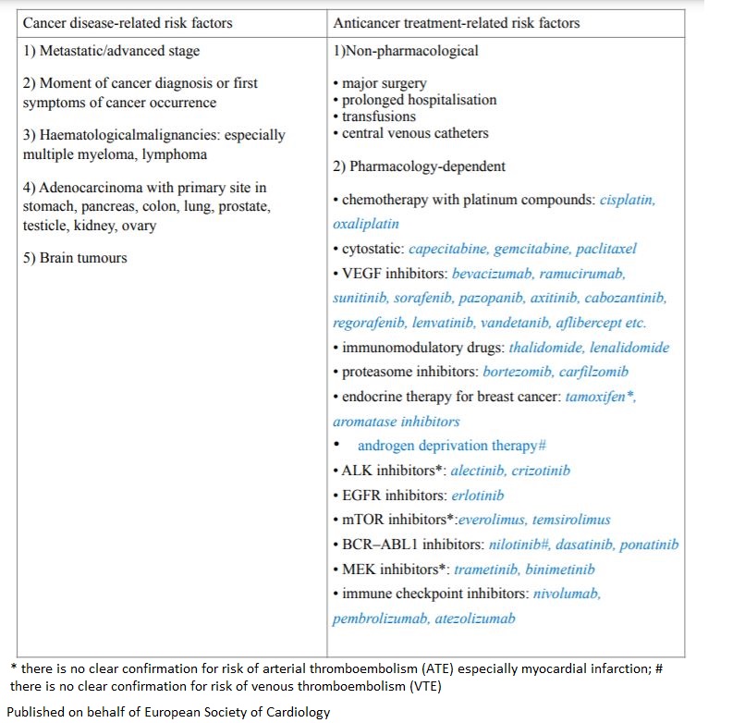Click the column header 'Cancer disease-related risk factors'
pyautogui.click(x=128, y=22)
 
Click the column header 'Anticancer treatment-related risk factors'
pyautogui.click(x=456, y=22)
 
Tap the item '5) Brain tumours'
pyautogui.click(x=75, y=258)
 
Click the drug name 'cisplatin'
pyautogui.click(x=628, y=200)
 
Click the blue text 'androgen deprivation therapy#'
pyautogui.click(x=446, y=446)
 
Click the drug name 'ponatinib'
pyautogui.click(x=649, y=545)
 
